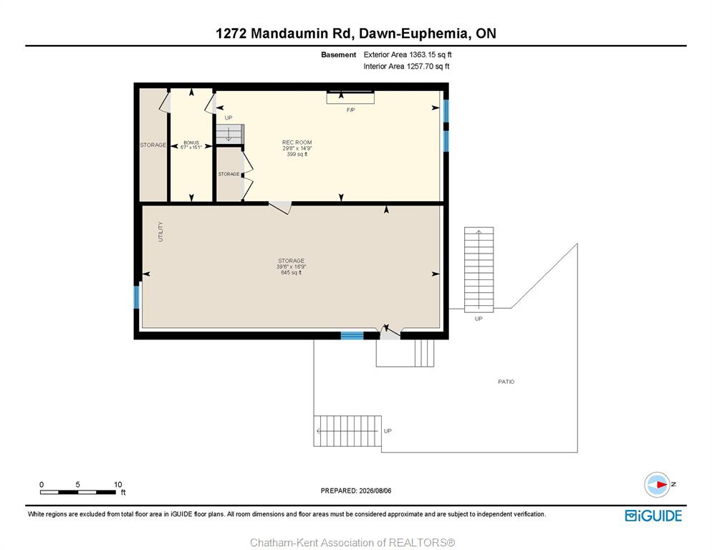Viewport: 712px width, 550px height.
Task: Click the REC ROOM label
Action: tap(297, 143)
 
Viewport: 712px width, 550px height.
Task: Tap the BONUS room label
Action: tap(191, 143)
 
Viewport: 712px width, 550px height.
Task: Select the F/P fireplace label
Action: tap(350, 110)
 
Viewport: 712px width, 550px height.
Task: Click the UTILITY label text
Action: tap(160, 231)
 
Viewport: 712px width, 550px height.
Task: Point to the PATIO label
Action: tap(506, 382)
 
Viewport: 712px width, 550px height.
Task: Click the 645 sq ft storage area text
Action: tap(291, 273)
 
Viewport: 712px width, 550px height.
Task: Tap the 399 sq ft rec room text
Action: tap(297, 154)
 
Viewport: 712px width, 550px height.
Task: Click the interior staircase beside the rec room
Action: tap(230, 133)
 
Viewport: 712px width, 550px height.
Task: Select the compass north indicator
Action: tap(657, 485)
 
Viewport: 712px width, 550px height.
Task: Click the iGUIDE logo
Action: tap(653, 516)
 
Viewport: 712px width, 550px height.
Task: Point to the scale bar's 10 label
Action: tap(117, 485)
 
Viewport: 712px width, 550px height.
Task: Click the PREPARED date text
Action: tap(356, 491)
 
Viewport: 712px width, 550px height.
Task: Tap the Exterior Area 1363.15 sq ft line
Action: tap(408, 54)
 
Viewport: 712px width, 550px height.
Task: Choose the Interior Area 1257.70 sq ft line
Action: tap(406, 67)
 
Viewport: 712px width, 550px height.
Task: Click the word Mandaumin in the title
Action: tap(296, 33)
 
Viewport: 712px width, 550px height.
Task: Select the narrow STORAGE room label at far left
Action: tap(153, 145)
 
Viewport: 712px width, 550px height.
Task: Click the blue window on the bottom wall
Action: tap(352, 336)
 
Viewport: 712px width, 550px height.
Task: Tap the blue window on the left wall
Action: tap(136, 297)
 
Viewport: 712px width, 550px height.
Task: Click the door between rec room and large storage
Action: tap(279, 207)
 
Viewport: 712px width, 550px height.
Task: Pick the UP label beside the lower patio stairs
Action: tap(388, 430)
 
